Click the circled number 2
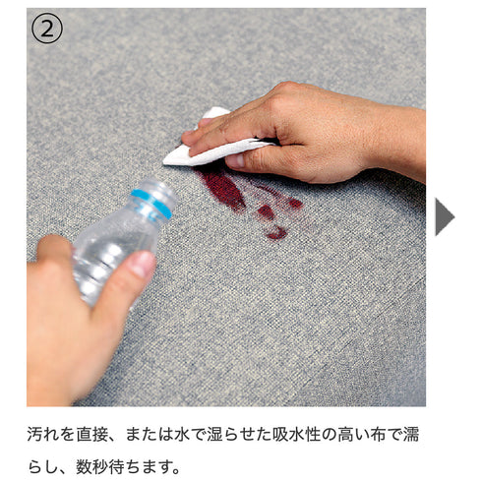[x=46, y=29]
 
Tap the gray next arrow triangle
[x=445, y=216]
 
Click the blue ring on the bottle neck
[x=151, y=204]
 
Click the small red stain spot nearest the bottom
[x=276, y=233]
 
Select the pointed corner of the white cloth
[x=164, y=161]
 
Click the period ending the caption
[x=177, y=471]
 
